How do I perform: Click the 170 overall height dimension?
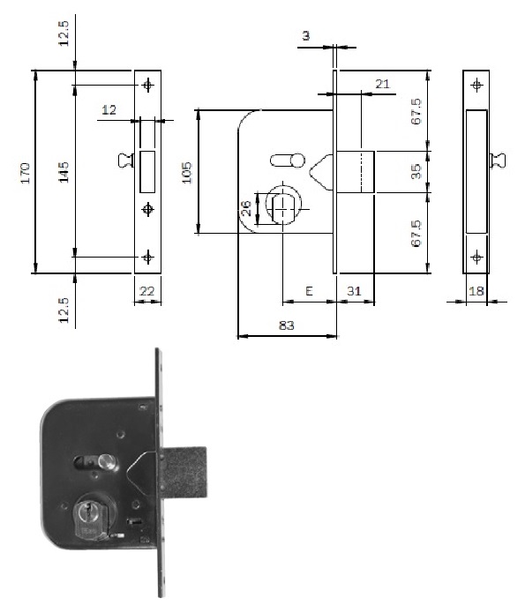click(x=26, y=173)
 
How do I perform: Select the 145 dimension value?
click(x=64, y=172)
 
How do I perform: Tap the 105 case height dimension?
click(x=186, y=173)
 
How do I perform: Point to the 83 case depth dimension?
click(x=287, y=325)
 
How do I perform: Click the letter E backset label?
click(x=309, y=291)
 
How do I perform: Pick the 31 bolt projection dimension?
click(x=354, y=291)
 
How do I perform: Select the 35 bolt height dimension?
click(x=416, y=171)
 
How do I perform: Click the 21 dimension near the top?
click(x=382, y=84)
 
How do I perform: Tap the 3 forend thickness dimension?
click(x=305, y=36)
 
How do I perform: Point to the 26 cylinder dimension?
click(x=247, y=209)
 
